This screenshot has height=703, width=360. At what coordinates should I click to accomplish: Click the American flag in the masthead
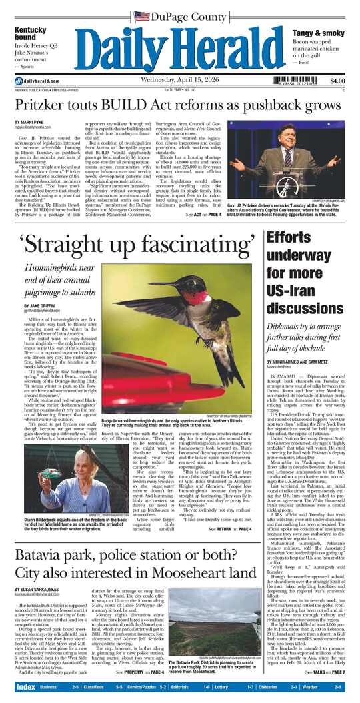click(141, 15)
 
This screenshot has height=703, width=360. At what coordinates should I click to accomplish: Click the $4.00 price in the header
click(337, 81)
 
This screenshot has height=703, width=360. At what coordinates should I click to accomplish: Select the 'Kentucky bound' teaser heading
click(31, 33)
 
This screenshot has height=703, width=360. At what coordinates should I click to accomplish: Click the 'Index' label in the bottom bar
click(25, 687)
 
